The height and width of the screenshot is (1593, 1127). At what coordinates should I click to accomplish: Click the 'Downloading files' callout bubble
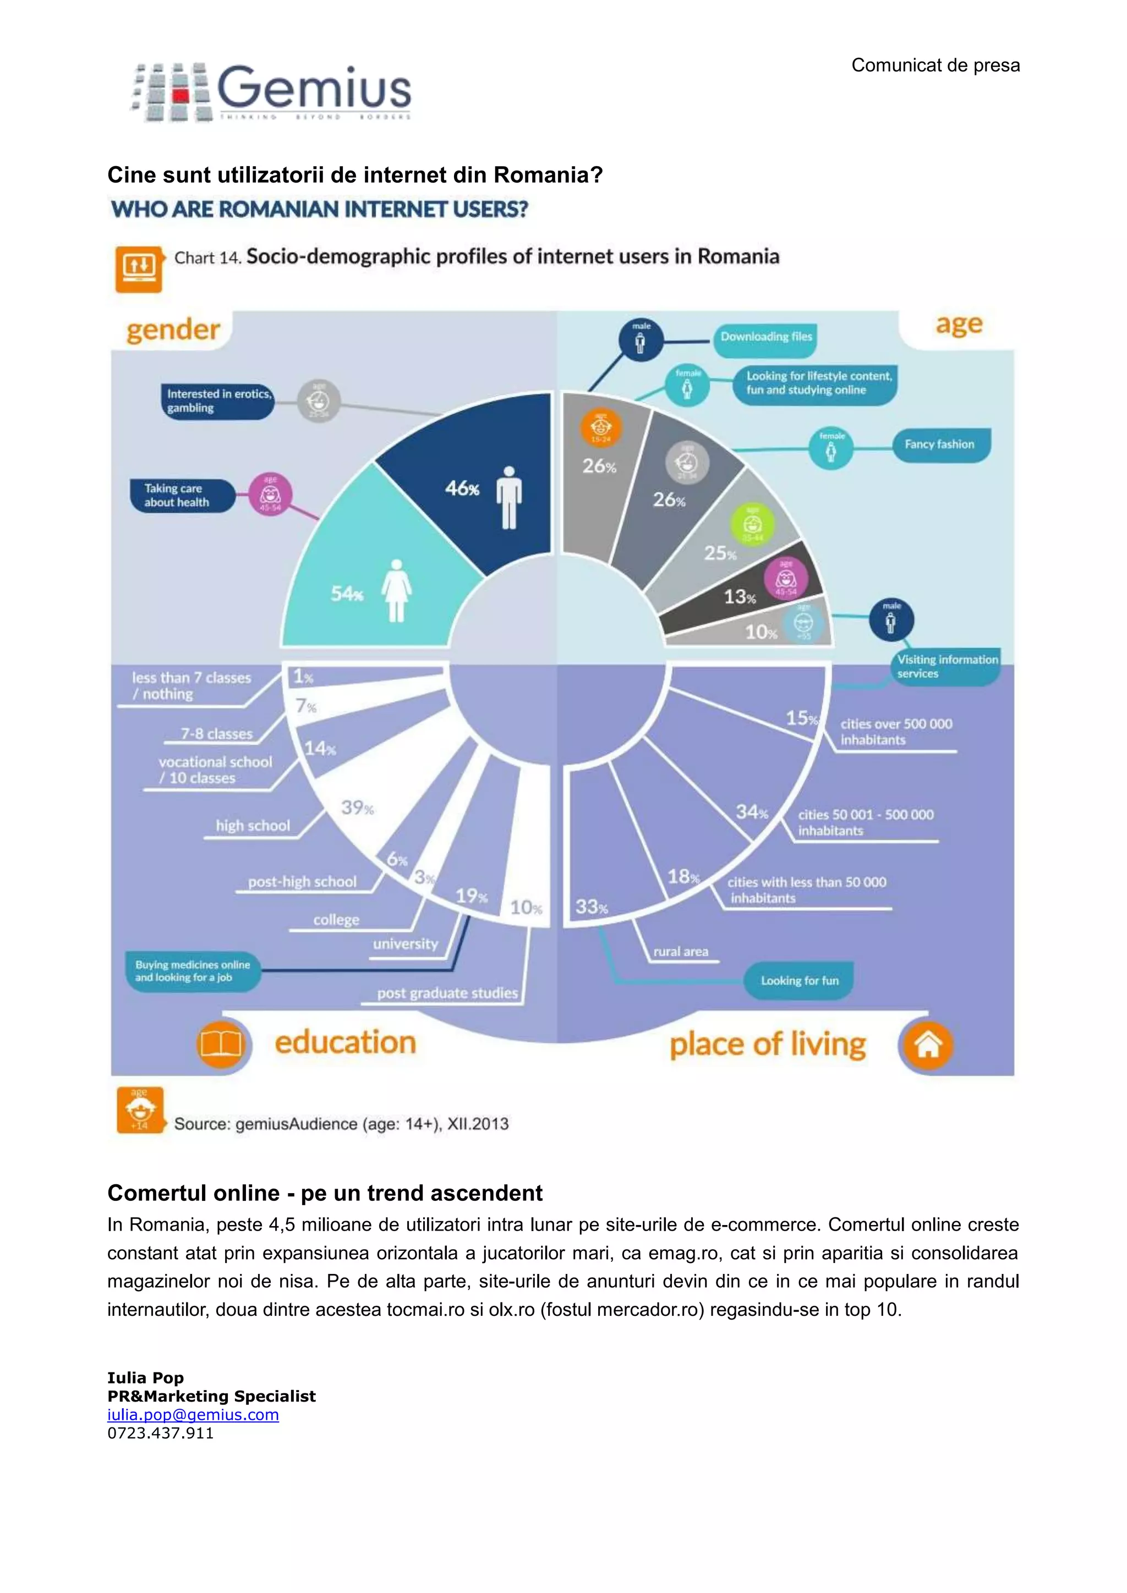765,337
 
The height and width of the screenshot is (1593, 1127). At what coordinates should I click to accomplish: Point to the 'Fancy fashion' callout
939,445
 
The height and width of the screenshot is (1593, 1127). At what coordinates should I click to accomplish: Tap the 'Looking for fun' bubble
800,980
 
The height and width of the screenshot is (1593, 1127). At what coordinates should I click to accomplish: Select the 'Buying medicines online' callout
192,971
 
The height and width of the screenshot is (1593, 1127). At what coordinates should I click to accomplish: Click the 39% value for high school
357,808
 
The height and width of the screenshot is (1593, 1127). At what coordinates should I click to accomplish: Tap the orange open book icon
221,1043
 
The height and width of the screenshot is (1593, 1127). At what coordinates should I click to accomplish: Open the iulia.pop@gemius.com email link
193,1415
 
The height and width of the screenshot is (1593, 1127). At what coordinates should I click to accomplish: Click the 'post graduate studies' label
447,993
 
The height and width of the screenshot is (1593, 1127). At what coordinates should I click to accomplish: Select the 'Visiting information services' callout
947,666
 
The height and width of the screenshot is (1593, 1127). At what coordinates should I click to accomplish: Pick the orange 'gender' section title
173,330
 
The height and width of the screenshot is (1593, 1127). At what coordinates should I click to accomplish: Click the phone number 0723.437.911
160,1433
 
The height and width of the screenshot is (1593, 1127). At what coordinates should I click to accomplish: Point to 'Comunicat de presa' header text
935,65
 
